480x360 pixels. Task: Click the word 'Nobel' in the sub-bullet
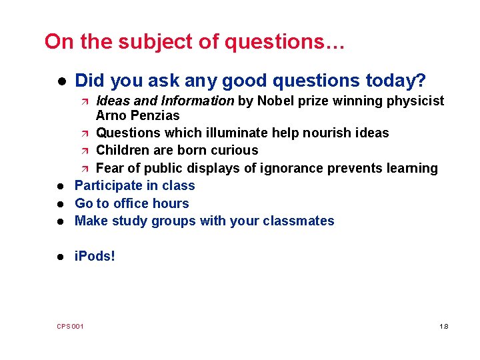tap(275, 101)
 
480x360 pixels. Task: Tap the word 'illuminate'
tap(231, 133)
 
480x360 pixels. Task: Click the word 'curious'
tap(233, 151)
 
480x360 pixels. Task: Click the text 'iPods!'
tap(95, 256)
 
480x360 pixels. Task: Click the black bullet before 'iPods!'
tap(60, 257)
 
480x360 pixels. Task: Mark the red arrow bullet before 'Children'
tap(85, 151)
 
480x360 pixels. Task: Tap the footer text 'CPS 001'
tap(70, 327)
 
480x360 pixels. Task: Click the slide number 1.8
tap(444, 327)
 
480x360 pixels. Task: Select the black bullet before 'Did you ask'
tap(60, 82)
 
